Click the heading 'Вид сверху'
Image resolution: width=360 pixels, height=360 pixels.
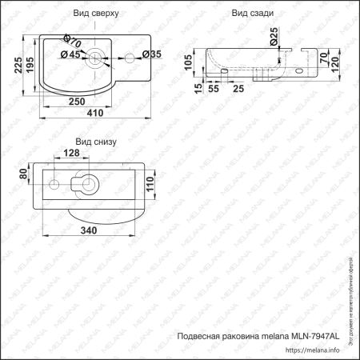[x=95, y=14]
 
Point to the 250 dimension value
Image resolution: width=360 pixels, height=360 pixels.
[x=77, y=102]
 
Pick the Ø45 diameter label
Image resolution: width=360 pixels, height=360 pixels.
[x=70, y=55]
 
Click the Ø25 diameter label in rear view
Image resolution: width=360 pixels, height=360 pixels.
[x=274, y=34]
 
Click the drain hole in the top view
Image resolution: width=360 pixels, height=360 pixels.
[x=94, y=55]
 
